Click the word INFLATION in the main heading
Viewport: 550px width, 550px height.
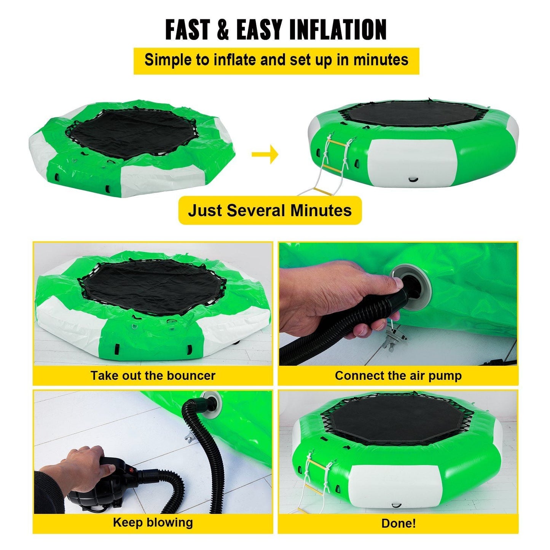(338, 30)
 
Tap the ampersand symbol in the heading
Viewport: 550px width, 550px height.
(223, 30)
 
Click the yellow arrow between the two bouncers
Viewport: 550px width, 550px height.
(265, 154)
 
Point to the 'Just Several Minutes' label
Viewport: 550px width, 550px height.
(270, 210)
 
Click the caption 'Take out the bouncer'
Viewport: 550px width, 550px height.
(153, 376)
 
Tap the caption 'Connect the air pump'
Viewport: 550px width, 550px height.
(398, 376)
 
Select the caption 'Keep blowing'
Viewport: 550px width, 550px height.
(153, 522)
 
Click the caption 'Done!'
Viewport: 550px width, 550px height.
(398, 523)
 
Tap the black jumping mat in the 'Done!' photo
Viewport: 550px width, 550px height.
(396, 419)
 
